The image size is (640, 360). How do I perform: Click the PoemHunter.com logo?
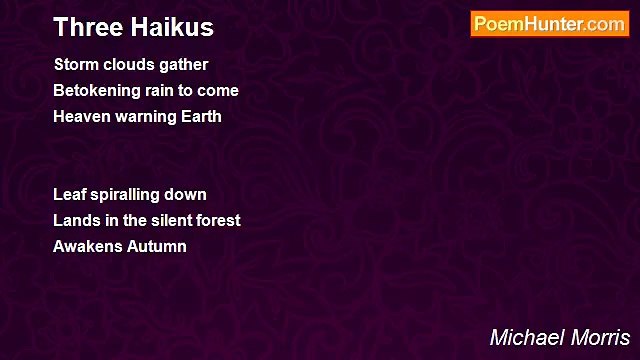[549, 24]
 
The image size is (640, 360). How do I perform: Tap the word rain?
[165, 91]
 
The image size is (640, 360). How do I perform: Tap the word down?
[188, 194]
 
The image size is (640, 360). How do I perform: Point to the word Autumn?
[155, 246]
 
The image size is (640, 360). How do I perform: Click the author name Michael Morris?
[560, 337]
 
